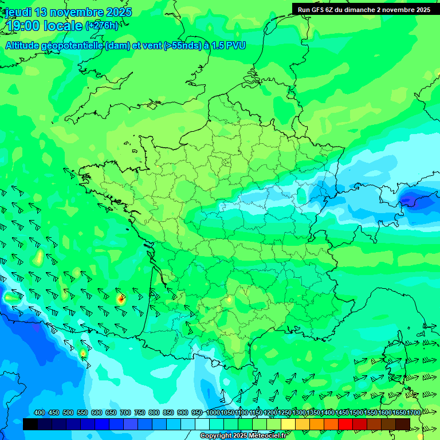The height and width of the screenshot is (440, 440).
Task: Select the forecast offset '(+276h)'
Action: point(102,26)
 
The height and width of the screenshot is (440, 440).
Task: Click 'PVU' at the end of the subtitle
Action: point(235,45)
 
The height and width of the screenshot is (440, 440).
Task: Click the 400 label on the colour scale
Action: point(40,413)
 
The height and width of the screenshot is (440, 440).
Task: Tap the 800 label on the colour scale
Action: point(154,413)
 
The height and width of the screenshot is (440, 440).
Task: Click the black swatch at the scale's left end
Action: point(30,424)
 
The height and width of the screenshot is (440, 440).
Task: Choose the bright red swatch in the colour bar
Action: point(345,424)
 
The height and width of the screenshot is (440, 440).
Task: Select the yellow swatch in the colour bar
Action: point(288,424)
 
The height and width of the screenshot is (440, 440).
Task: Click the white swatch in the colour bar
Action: point(202,424)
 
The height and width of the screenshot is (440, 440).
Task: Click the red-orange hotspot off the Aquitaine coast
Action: point(120,298)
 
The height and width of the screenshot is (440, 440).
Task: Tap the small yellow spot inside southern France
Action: point(229,298)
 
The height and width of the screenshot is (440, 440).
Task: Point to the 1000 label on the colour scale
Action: point(213,413)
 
